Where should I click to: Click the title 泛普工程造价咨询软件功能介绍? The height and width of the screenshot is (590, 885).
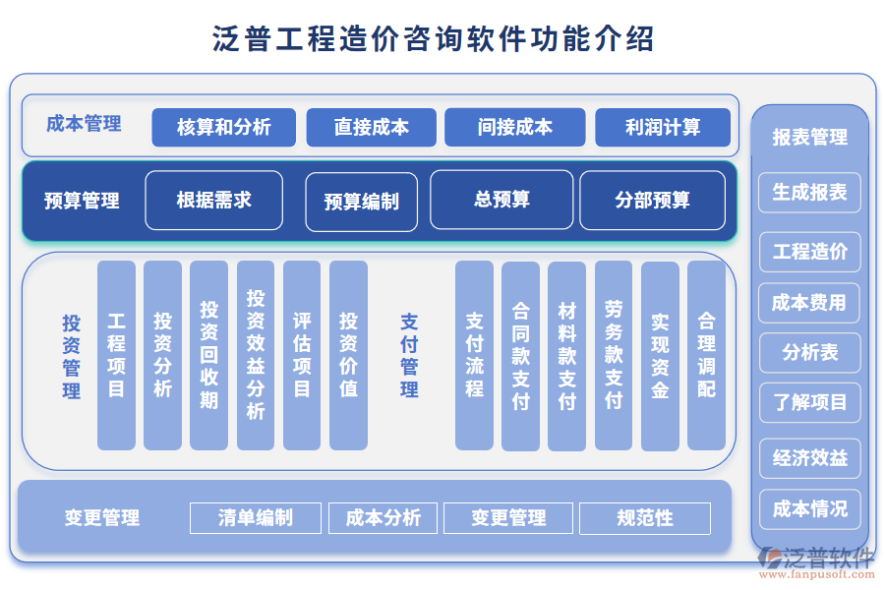tap(434, 39)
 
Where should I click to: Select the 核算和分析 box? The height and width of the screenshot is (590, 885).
tap(223, 128)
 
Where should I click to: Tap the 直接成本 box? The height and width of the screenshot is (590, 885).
tap(371, 128)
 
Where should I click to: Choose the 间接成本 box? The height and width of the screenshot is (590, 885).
tap(514, 128)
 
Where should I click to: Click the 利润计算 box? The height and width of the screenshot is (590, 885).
tap(663, 128)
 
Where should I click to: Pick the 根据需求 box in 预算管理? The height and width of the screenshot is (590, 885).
tap(213, 201)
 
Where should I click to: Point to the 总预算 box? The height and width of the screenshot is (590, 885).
tap(501, 200)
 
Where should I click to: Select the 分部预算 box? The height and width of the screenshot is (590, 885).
tap(652, 201)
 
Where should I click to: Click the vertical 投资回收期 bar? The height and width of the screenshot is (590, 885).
tap(209, 355)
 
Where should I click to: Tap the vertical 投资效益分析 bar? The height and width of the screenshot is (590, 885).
tap(256, 355)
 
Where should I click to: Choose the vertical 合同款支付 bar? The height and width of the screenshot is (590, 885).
tap(520, 355)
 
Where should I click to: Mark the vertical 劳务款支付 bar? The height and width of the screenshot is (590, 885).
tap(614, 355)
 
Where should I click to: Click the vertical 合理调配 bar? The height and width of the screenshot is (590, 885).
tap(706, 355)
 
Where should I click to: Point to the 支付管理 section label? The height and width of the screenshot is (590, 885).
tap(409, 355)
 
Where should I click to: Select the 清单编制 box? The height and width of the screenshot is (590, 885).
tap(256, 518)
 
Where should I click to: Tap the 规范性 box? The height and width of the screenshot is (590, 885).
tap(645, 518)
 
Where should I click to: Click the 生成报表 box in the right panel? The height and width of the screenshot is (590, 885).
tap(809, 193)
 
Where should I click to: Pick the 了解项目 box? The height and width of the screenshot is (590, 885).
tap(809, 403)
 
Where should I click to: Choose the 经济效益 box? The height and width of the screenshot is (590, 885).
tap(809, 458)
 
